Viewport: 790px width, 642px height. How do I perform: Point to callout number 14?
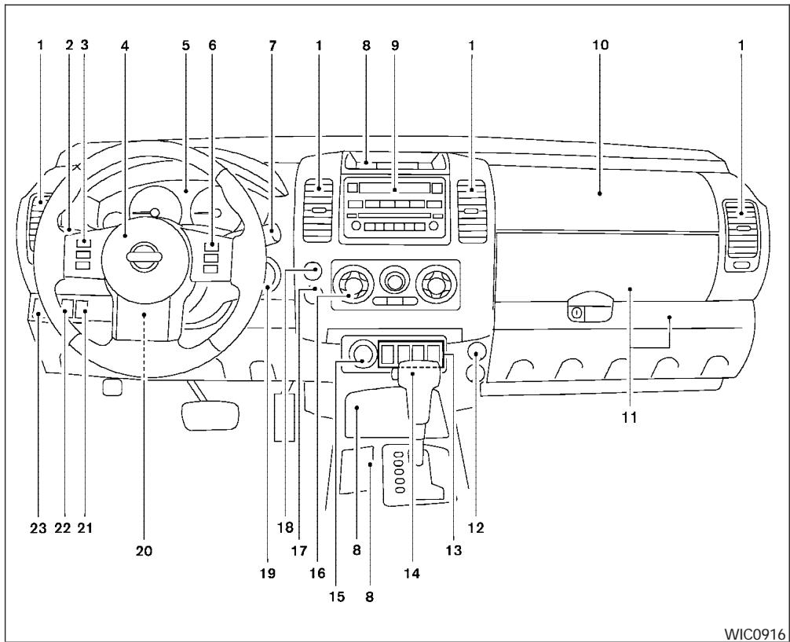point(412,573)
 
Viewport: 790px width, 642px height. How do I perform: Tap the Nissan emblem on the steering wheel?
point(144,257)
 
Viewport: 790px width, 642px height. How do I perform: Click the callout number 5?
point(186,46)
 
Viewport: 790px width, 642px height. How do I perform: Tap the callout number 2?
point(69,46)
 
